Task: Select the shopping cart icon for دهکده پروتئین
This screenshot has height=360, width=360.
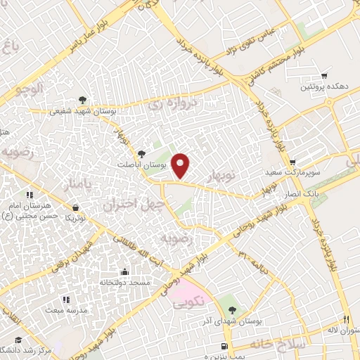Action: coord(323,76)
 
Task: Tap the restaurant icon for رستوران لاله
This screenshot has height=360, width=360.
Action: coord(346,319)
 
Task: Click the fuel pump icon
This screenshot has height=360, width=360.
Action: coord(224,346)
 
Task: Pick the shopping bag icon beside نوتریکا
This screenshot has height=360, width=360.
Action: coord(75,207)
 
